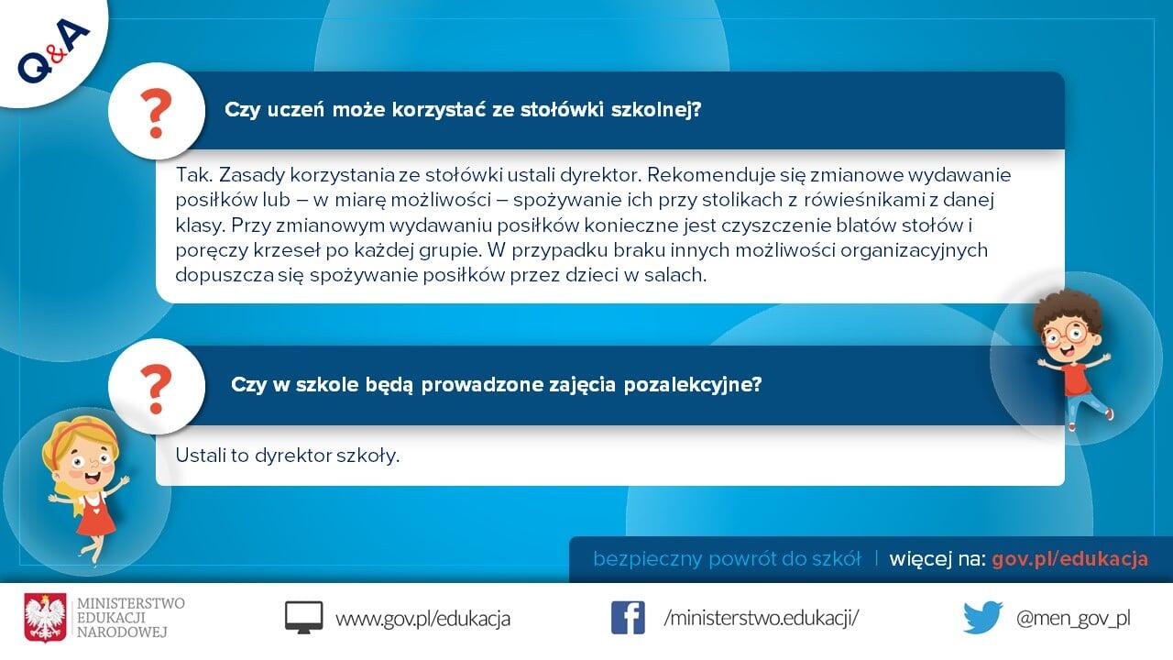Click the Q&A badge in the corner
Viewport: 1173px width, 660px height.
(53, 50)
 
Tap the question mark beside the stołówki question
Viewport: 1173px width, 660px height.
(156, 113)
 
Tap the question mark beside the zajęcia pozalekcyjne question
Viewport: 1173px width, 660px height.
(156, 390)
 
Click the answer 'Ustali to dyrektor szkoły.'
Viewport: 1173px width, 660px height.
(288, 456)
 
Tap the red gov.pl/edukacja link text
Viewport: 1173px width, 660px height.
(1069, 559)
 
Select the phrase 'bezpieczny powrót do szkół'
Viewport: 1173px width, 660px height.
(727, 559)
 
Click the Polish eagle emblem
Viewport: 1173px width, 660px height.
(45, 618)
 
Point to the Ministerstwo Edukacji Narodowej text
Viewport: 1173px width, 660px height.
(130, 618)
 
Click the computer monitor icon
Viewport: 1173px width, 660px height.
(303, 618)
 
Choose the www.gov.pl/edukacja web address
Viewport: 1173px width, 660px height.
(422, 619)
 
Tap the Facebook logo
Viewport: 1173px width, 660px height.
(628, 618)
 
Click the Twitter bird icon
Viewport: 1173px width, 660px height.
(983, 618)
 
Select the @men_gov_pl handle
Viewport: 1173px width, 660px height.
(1073, 619)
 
